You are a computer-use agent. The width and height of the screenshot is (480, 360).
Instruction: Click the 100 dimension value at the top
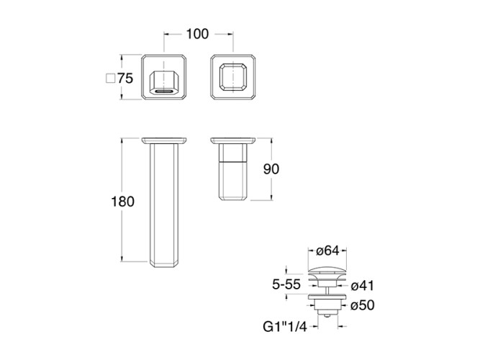[197, 34]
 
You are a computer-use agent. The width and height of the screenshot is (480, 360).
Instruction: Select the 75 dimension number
[125, 78]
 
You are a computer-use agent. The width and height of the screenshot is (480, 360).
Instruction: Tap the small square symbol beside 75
[110, 78]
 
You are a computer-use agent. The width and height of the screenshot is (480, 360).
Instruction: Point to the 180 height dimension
[122, 202]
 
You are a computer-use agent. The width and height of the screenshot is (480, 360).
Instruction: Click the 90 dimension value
[271, 169]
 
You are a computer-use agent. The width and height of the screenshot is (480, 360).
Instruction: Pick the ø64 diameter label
[327, 251]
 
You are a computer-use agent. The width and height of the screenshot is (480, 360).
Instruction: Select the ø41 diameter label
[363, 286]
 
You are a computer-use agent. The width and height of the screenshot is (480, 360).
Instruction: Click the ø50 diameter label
[363, 305]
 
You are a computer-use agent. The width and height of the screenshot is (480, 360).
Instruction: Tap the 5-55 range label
[286, 284]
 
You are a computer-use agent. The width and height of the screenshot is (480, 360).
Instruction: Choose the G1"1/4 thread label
[285, 327]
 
